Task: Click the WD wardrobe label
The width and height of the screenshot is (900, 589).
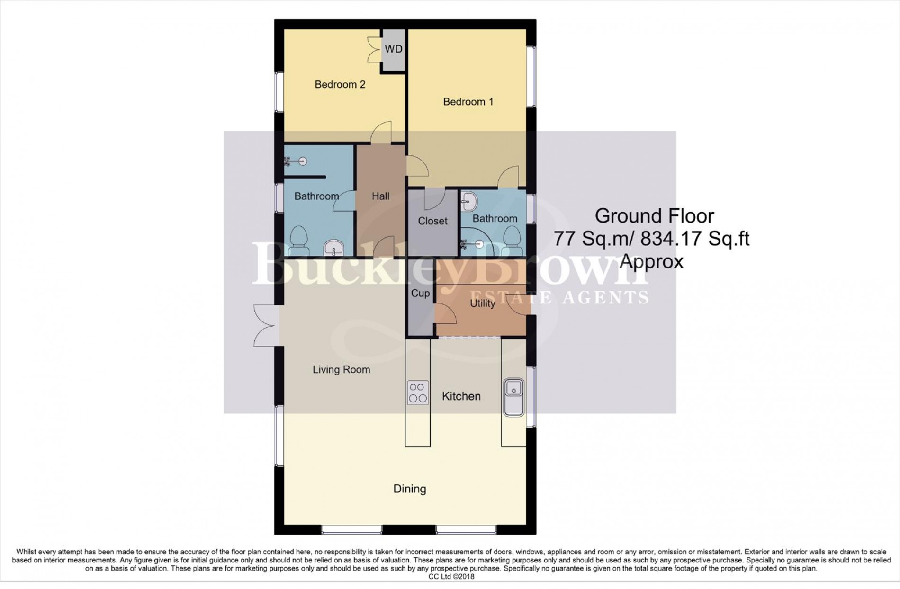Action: coord(393,49)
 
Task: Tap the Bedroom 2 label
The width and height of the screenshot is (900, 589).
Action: coord(340,85)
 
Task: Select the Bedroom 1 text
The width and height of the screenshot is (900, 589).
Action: coord(468,102)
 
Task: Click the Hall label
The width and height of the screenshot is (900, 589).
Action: coord(380,196)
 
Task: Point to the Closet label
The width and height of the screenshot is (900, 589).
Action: coord(432,221)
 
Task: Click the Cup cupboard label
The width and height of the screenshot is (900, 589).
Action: coord(420,294)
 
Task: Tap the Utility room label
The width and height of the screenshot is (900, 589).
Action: coord(482,303)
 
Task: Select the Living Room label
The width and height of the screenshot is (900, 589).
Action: coord(341,370)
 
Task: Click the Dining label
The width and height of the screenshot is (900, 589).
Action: coord(410,489)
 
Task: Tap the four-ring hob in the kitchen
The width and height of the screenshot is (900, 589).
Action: coord(417,393)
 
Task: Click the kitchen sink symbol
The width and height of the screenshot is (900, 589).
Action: coord(513,397)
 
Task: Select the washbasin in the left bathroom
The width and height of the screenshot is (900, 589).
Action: coord(334,247)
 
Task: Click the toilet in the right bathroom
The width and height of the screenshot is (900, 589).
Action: coord(513,241)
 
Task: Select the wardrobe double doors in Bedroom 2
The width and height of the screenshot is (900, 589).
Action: coord(375,50)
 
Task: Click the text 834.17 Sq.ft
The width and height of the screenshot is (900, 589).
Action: coord(695,239)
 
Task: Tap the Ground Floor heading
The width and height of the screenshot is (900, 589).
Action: coord(654,216)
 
